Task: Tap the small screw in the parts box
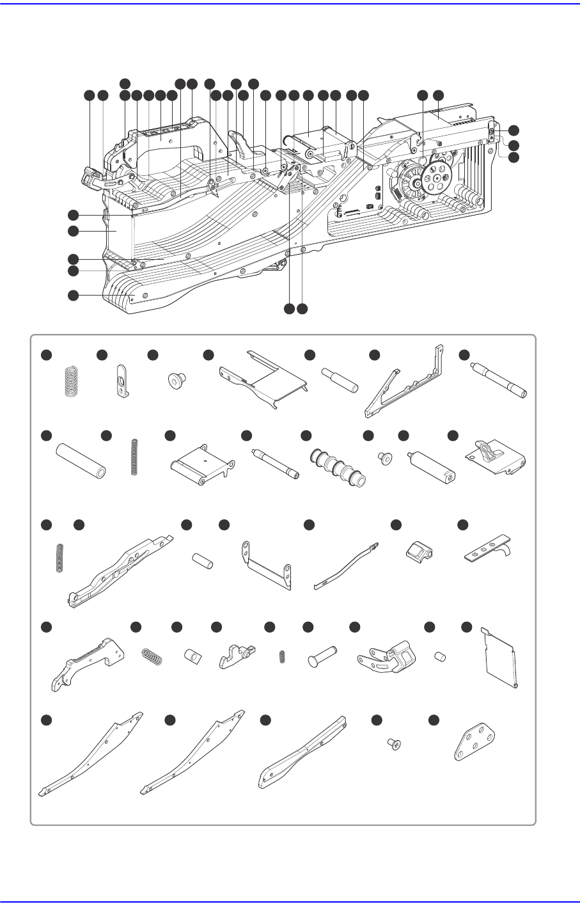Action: [x=395, y=743]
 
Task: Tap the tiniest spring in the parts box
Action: [x=282, y=656]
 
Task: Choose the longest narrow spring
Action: [x=134, y=457]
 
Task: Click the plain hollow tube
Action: [x=80, y=459]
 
